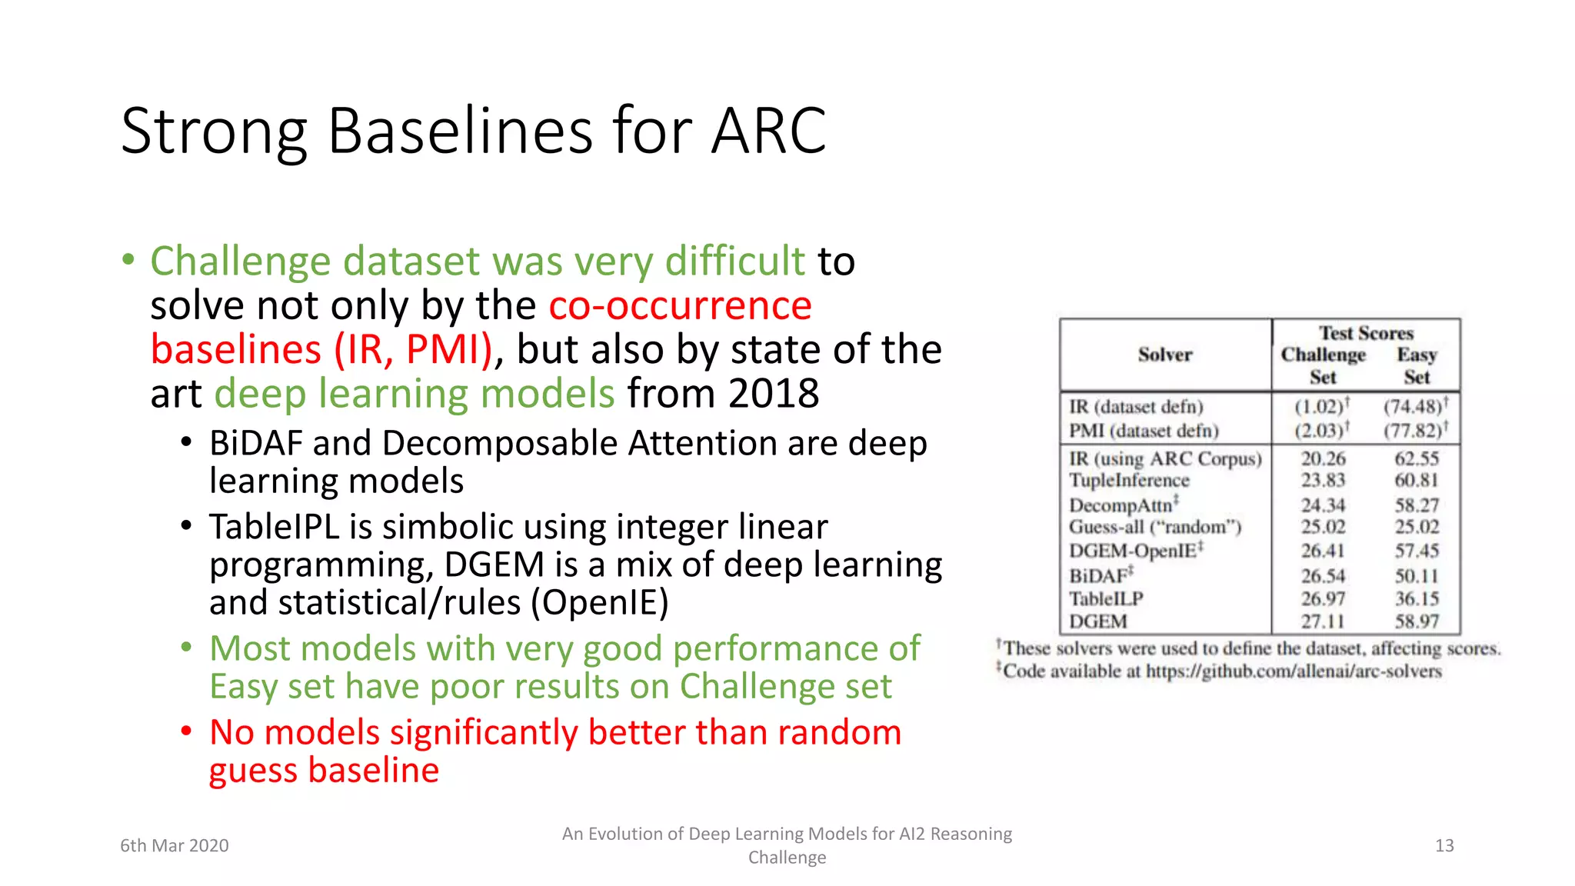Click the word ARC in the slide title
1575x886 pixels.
click(768, 131)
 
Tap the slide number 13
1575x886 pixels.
click(1444, 845)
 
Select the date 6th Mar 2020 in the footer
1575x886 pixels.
click(175, 845)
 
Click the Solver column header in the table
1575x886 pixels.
click(1164, 355)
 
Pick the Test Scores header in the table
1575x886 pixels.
click(1366, 333)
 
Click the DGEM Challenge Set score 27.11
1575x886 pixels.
click(1323, 621)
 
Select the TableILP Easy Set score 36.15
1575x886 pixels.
click(1417, 598)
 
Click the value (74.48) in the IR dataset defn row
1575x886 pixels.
click(1413, 406)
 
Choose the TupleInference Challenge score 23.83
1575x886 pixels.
click(1323, 480)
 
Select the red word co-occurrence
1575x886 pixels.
click(680, 305)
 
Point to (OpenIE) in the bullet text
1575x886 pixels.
click(600, 602)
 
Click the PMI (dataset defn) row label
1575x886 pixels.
click(1144, 431)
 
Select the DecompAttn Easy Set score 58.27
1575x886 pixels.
click(1417, 505)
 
